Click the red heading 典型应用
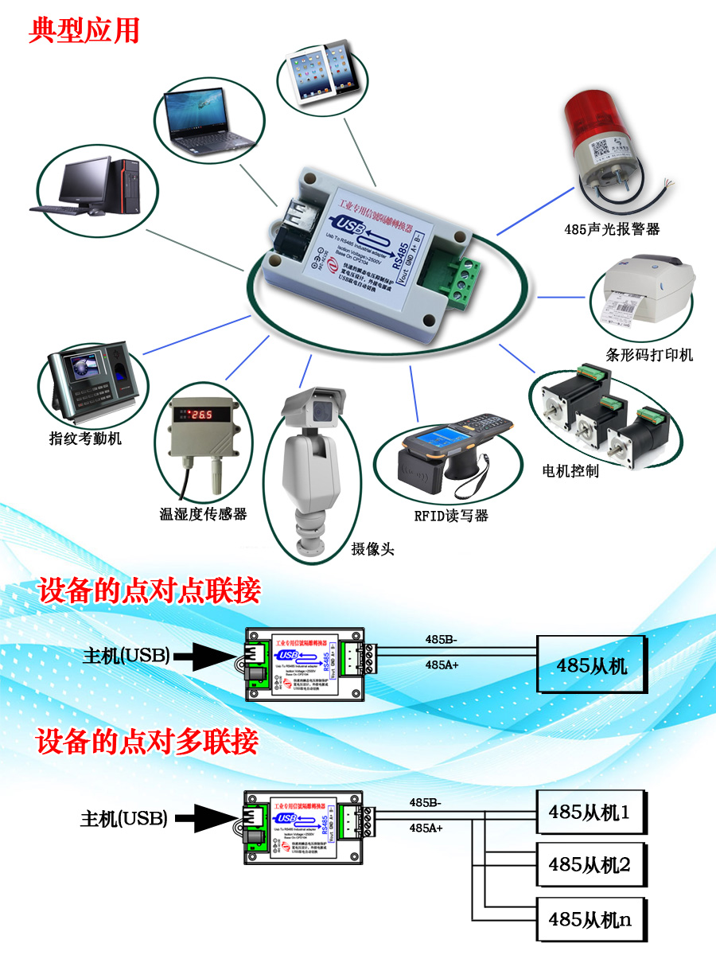pyautogui.click(x=84, y=30)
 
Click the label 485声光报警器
pyautogui.click(x=612, y=229)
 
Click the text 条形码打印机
pyautogui.click(x=649, y=354)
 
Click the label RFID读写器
pyautogui.click(x=451, y=515)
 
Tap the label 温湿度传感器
pyautogui.click(x=204, y=514)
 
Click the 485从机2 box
pyautogui.click(x=590, y=863)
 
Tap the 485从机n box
pyautogui.click(x=590, y=919)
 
